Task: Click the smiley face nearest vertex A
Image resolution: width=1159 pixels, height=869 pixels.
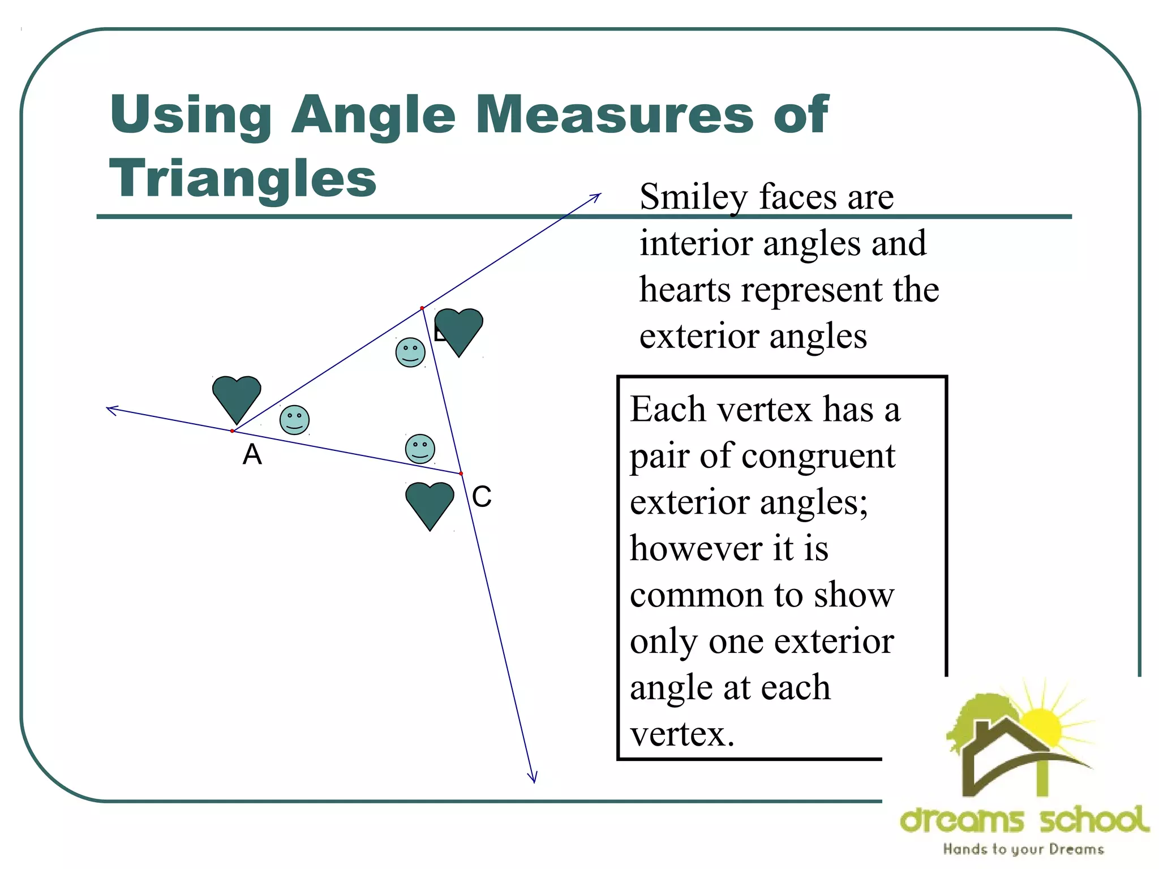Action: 294,420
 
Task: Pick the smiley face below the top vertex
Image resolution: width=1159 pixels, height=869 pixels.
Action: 410,352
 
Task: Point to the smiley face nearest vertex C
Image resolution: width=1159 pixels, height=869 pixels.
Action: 420,449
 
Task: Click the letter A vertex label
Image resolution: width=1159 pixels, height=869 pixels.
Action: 252,454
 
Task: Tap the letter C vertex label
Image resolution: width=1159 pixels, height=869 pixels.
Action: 482,497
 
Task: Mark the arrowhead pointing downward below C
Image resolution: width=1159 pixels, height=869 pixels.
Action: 533,778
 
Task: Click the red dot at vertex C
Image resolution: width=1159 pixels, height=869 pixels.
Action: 461,474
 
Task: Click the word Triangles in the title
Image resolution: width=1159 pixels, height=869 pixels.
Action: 243,178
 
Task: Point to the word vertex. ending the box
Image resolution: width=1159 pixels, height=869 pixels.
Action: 682,734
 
